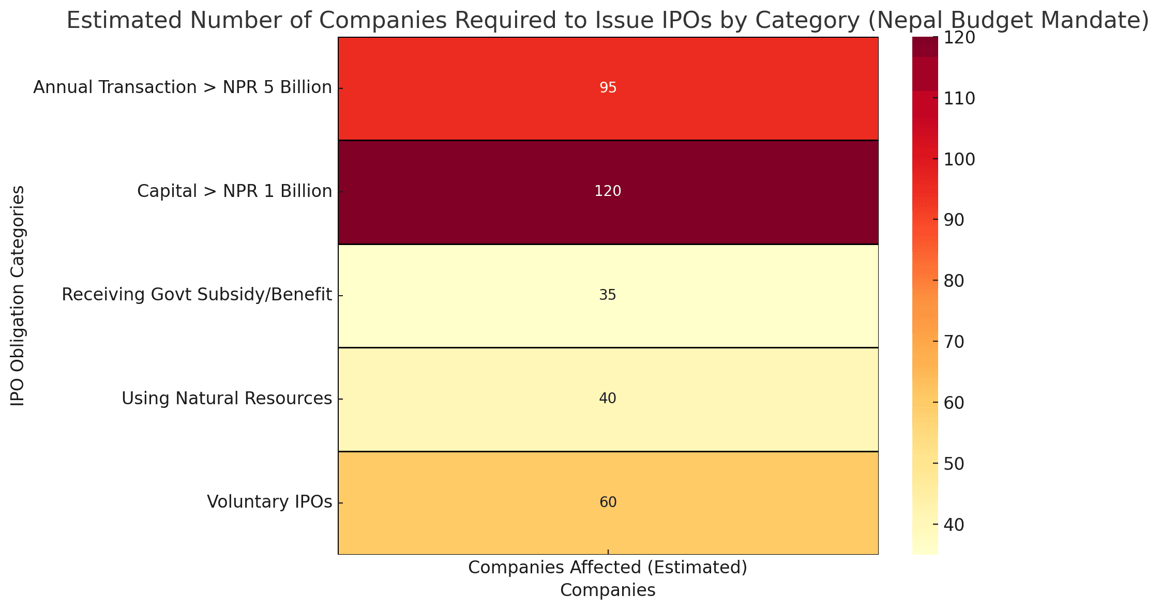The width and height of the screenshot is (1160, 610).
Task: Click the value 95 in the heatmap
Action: pos(608,88)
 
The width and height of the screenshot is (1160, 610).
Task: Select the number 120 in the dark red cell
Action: pos(608,191)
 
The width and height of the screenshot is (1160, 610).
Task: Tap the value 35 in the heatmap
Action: pos(608,295)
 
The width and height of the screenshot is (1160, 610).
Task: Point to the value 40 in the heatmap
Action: pos(608,399)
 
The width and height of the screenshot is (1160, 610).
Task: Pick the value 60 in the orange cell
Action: pos(608,502)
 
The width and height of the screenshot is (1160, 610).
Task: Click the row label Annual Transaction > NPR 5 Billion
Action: pos(183,88)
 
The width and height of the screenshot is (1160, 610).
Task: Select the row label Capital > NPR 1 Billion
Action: pos(234,191)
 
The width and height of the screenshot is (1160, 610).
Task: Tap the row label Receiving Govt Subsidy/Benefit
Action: pos(197,295)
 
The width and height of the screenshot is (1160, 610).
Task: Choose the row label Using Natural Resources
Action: pos(227,399)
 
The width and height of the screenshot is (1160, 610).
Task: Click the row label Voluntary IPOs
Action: pos(269,502)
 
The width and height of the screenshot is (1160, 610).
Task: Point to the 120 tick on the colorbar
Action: pos(960,38)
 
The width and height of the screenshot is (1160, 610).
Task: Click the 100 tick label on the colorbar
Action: pos(960,160)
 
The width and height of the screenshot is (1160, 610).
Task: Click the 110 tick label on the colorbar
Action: pos(960,99)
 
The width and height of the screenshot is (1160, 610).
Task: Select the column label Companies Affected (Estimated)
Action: pos(608,568)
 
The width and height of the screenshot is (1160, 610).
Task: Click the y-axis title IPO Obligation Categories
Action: pos(18,296)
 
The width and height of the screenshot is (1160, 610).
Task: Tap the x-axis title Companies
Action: pos(608,591)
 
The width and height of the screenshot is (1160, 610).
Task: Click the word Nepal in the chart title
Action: pos(902,21)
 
